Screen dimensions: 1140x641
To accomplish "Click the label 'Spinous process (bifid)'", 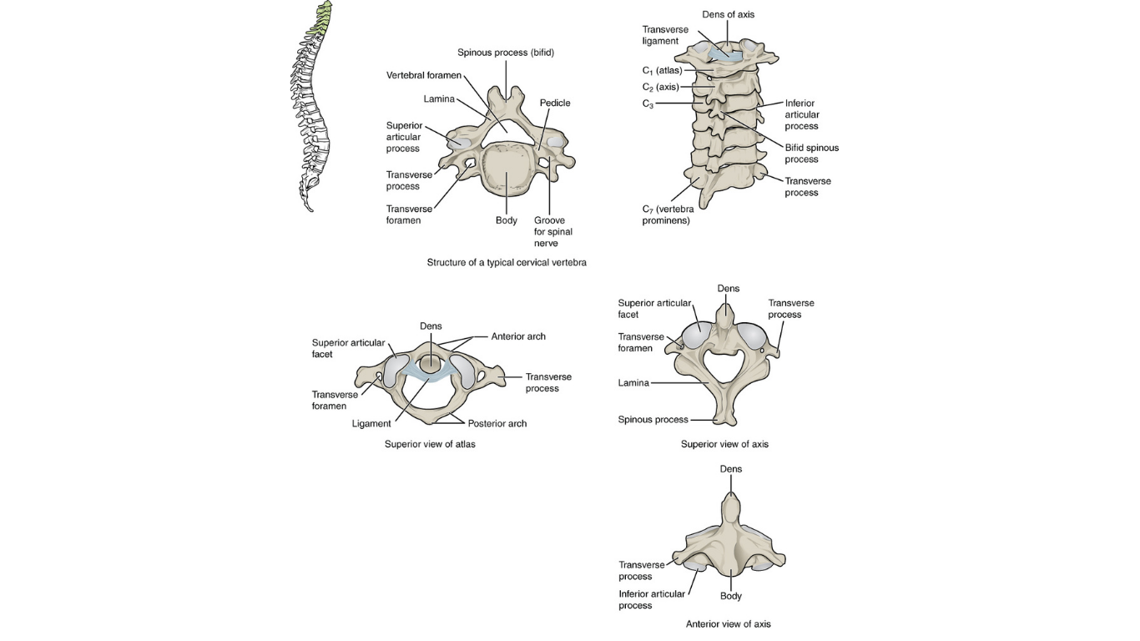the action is (506, 53).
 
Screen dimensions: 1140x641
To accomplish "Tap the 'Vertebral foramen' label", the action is (423, 75).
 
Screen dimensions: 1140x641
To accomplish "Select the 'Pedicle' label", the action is (555, 103).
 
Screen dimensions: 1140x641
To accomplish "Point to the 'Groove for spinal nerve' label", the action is (552, 232).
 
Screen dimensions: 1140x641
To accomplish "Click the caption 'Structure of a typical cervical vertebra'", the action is (507, 263).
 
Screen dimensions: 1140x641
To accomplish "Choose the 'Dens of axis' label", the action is (729, 14).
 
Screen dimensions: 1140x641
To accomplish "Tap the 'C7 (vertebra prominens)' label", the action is (668, 215).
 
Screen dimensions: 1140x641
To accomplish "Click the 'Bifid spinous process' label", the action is (812, 154).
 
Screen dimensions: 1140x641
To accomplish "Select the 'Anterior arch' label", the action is (518, 336).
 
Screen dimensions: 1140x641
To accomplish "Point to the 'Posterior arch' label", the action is (497, 424).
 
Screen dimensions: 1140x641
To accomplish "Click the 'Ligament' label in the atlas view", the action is (371, 424).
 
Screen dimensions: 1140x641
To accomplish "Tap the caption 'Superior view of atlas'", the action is (430, 444).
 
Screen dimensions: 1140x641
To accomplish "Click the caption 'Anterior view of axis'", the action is (729, 623).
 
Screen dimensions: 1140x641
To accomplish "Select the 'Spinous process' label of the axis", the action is (653, 420).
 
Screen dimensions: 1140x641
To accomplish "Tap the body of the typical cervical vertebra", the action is (507, 170).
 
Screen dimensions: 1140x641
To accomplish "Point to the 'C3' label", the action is (648, 103).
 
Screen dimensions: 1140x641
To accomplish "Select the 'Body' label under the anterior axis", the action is (731, 596).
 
